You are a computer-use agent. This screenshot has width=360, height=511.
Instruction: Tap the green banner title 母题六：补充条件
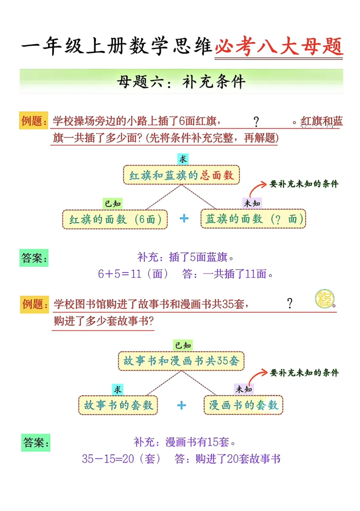[181, 81]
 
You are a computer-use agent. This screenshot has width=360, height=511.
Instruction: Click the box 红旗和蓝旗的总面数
[181, 175]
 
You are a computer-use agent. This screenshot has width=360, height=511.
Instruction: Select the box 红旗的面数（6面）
[115, 219]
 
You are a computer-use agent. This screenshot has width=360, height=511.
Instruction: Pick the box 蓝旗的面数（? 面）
[253, 219]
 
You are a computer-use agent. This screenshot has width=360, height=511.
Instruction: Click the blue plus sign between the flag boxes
[184, 219]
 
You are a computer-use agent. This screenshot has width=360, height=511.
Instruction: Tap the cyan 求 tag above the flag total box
[183, 159]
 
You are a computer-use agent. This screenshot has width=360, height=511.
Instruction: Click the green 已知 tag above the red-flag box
[113, 204]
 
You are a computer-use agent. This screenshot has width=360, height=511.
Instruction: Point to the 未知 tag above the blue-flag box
[252, 203]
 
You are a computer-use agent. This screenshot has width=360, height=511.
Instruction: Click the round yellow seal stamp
[324, 299]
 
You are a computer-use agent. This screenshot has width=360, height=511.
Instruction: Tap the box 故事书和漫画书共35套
[181, 361]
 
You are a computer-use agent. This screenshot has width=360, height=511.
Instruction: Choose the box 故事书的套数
[118, 405]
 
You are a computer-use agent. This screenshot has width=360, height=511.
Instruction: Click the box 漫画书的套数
[243, 405]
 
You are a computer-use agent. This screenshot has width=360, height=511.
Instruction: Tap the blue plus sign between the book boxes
[181, 405]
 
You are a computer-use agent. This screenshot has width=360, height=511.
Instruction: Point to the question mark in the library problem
[290, 303]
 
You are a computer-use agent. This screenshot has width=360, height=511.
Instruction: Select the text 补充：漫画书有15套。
[184, 442]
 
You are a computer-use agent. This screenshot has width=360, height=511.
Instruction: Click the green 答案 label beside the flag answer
[34, 258]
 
